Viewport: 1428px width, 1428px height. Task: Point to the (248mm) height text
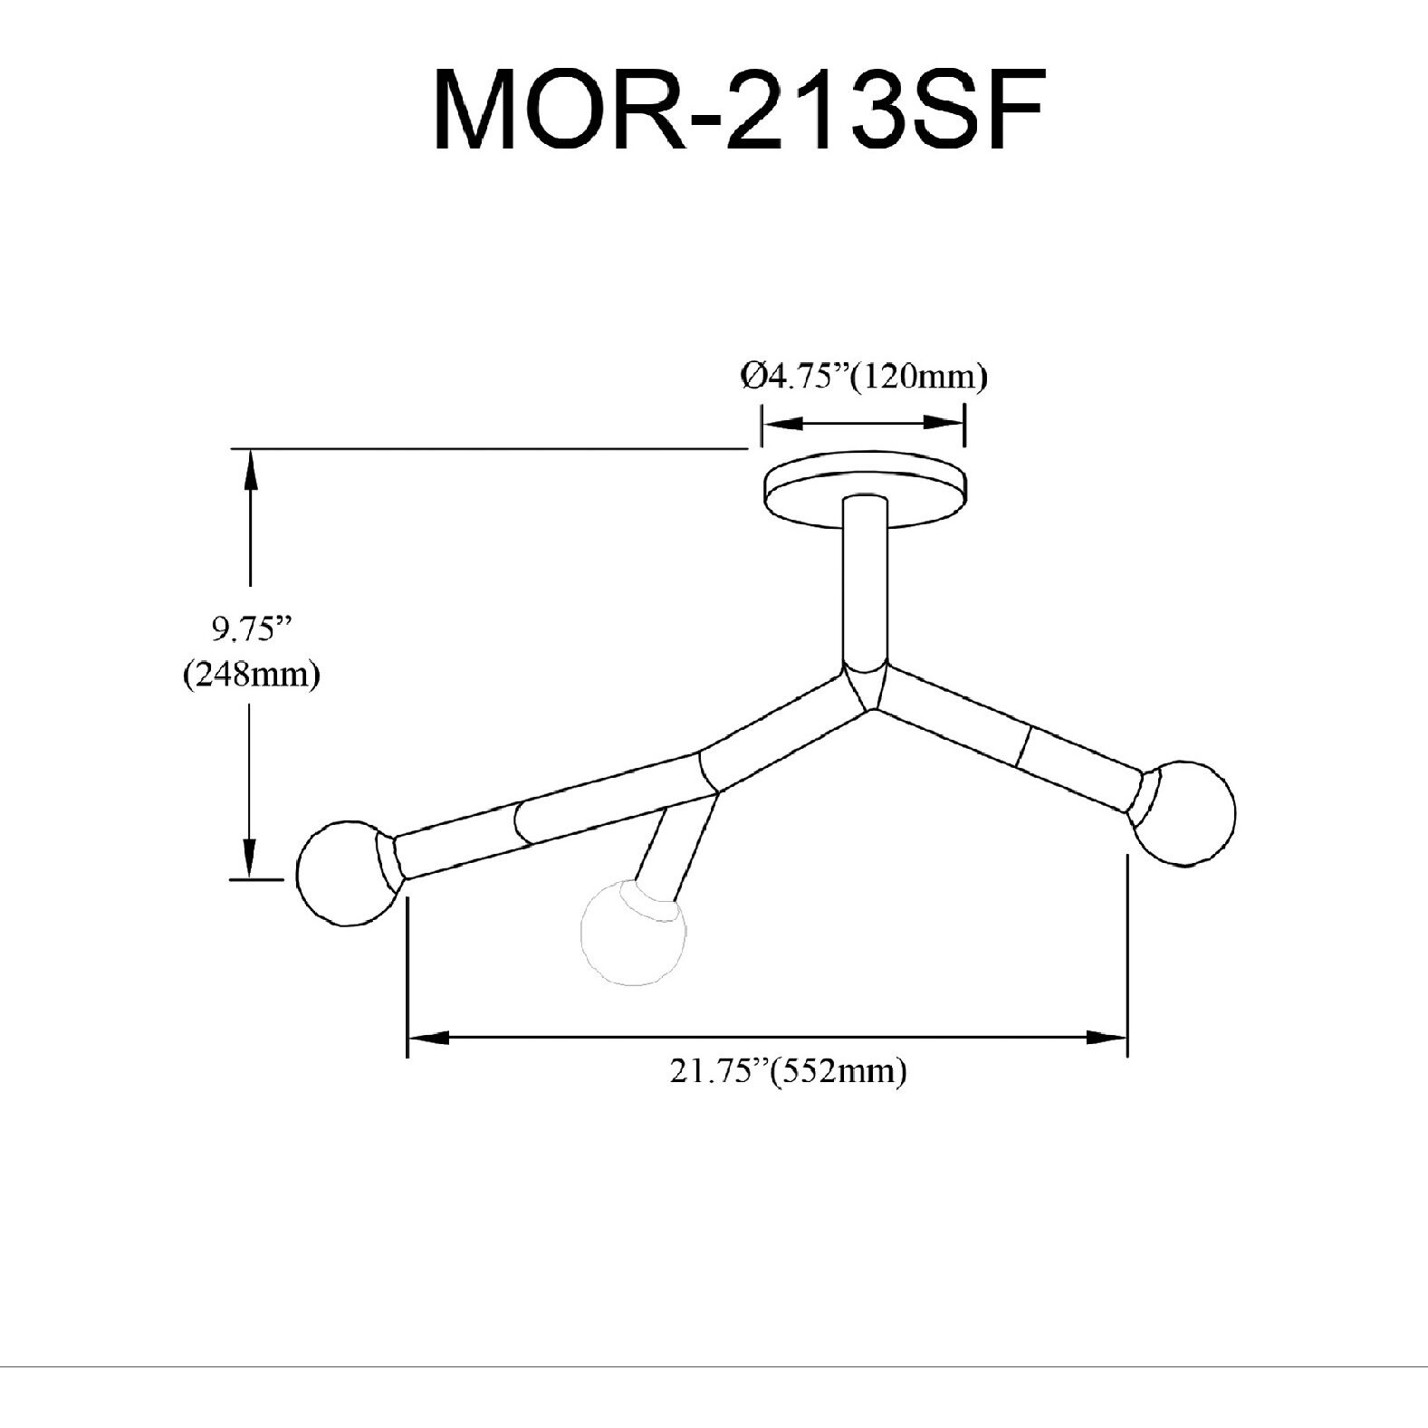tap(251, 676)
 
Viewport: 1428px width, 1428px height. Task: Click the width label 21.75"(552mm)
tap(788, 1072)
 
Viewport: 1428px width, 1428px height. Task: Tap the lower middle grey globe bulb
tap(632, 933)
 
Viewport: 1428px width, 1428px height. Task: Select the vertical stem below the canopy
tap(864, 580)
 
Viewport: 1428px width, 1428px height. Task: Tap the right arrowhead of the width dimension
tap(1107, 1038)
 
